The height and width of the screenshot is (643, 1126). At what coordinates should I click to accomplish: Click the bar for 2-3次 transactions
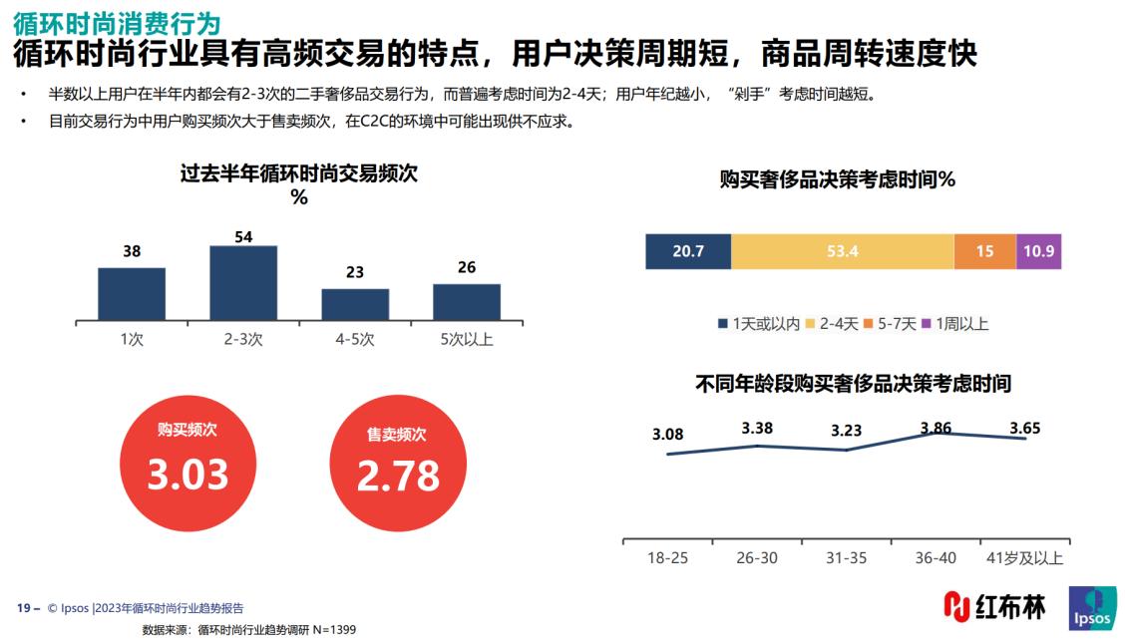pyautogui.click(x=242, y=282)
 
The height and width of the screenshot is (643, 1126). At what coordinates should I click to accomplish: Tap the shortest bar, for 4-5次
pyautogui.click(x=354, y=304)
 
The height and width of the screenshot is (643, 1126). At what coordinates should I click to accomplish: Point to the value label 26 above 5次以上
pyautogui.click(x=467, y=267)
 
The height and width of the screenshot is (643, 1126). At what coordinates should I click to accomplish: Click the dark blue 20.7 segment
pyautogui.click(x=687, y=251)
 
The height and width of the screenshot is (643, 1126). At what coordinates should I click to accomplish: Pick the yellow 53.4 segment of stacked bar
pyautogui.click(x=842, y=251)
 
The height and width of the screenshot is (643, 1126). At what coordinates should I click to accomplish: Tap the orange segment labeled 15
pyautogui.click(x=984, y=251)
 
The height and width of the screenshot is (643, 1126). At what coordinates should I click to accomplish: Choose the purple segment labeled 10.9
pyautogui.click(x=1038, y=251)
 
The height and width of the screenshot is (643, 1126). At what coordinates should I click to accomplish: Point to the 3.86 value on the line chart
pyautogui.click(x=936, y=429)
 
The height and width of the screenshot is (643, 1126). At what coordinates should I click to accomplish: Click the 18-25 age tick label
pyautogui.click(x=667, y=558)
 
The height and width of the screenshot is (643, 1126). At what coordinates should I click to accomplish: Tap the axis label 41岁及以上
pyautogui.click(x=1023, y=558)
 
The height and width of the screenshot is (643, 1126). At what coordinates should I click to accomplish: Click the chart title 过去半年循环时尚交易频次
pyautogui.click(x=299, y=173)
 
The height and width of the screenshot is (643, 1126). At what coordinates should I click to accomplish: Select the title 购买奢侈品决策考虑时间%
pyautogui.click(x=838, y=179)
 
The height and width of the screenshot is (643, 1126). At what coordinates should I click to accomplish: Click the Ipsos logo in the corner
pyautogui.click(x=1092, y=608)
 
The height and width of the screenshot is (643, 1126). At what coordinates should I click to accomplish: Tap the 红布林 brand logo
pyautogui.click(x=994, y=606)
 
